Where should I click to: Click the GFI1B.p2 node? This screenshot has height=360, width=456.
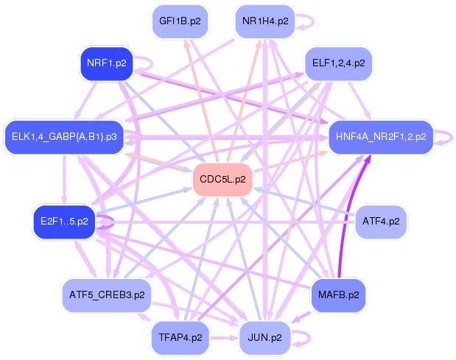180,21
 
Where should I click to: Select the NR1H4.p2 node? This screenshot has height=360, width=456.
265,21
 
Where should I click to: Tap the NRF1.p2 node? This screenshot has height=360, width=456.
106,63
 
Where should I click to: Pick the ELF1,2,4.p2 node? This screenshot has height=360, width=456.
338,63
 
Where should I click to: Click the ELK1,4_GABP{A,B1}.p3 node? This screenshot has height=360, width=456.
64,136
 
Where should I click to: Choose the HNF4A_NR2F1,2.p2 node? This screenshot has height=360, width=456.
381,137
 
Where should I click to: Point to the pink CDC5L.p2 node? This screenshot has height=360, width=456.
222,180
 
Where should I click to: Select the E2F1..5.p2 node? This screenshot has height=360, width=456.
64,222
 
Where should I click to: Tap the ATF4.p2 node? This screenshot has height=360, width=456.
381,222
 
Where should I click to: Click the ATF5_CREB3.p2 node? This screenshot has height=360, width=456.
107,295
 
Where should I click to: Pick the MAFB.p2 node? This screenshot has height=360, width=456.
338,295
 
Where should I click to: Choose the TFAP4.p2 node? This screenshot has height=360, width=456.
180,338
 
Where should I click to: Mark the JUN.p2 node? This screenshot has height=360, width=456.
264,338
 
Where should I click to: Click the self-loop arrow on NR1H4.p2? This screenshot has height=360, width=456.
313,21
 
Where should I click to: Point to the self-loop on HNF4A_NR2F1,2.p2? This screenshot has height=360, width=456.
452,137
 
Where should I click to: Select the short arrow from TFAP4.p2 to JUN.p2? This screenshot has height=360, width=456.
224,338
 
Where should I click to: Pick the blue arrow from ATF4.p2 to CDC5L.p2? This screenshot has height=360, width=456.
304,202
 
